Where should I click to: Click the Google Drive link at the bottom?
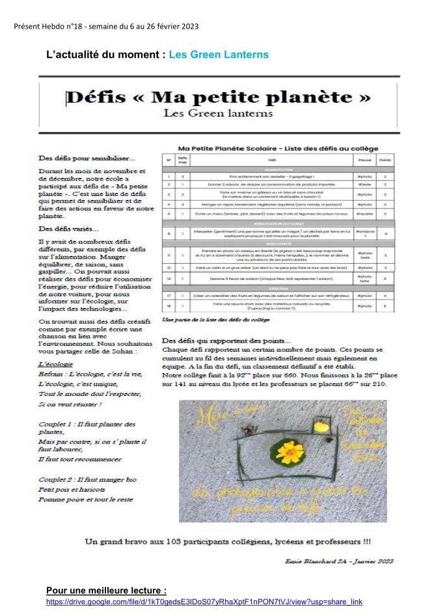click(204, 601)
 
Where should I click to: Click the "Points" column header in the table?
click(385, 160)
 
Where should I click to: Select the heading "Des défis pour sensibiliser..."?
click(87, 158)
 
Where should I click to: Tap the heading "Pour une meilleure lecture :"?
click(107, 591)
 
